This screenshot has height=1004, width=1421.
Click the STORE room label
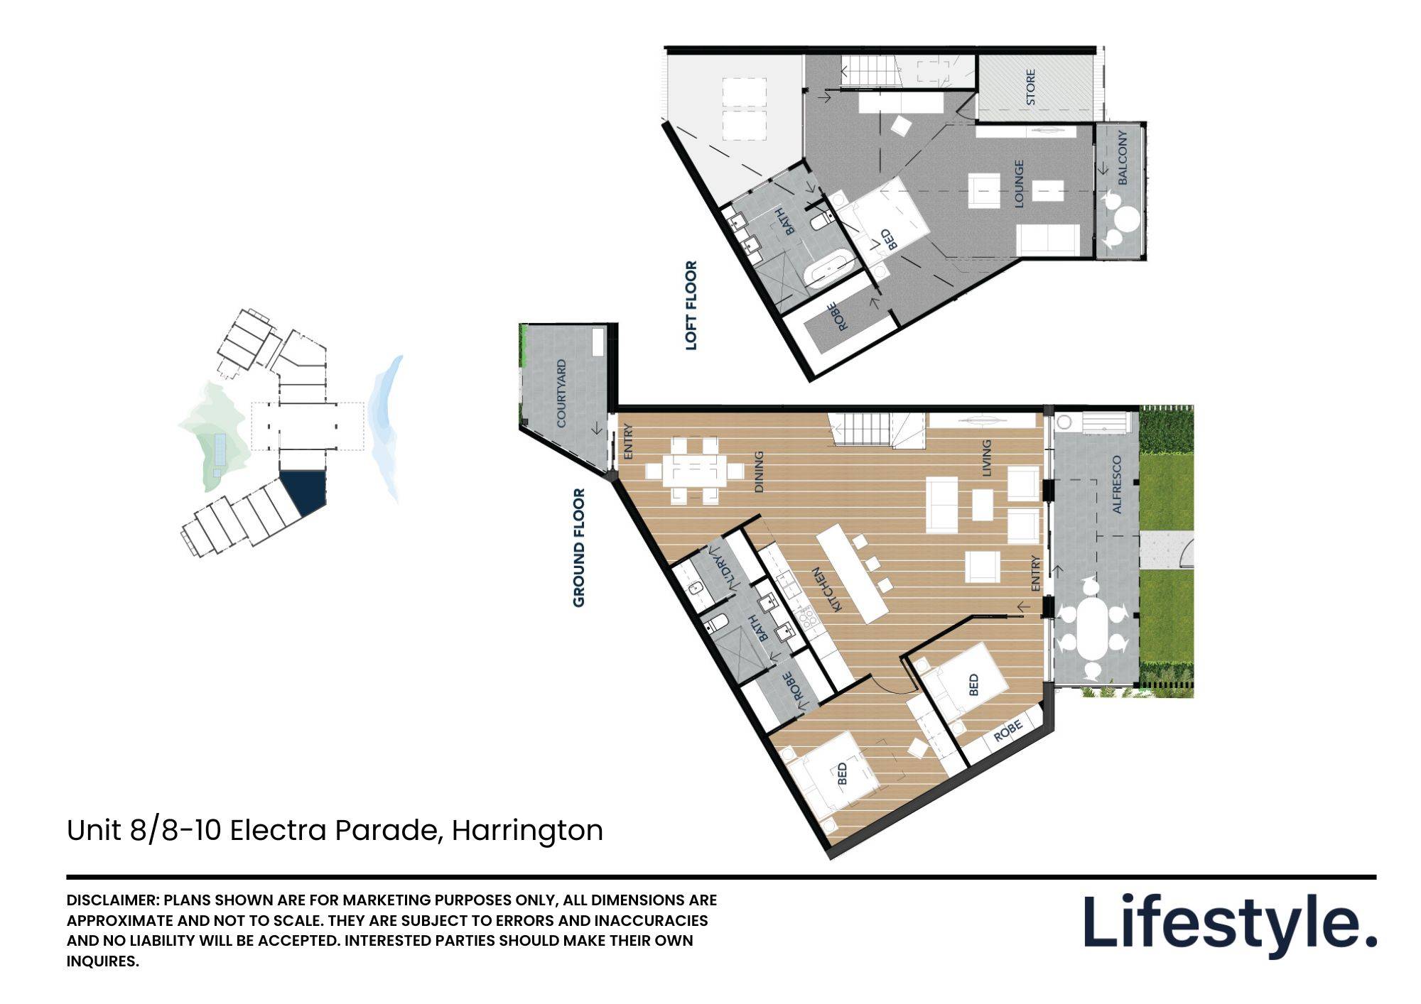[x=1031, y=87]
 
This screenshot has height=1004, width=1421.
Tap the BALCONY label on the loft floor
[x=1123, y=157]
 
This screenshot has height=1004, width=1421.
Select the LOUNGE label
[x=1019, y=183]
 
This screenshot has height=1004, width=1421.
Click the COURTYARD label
[x=561, y=393]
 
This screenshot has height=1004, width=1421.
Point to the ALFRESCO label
[x=1116, y=485]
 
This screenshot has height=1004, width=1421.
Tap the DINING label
[x=759, y=471]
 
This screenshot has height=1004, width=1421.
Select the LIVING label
[x=986, y=458]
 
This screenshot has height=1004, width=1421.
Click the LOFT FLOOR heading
[x=691, y=305]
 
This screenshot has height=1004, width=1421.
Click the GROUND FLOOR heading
[x=579, y=547]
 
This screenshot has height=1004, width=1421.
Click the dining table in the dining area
[x=695, y=470]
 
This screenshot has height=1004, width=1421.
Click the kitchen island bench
[x=853, y=574]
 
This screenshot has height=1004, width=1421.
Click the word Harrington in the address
[x=527, y=830]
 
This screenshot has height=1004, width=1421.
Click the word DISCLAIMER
[x=112, y=900]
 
